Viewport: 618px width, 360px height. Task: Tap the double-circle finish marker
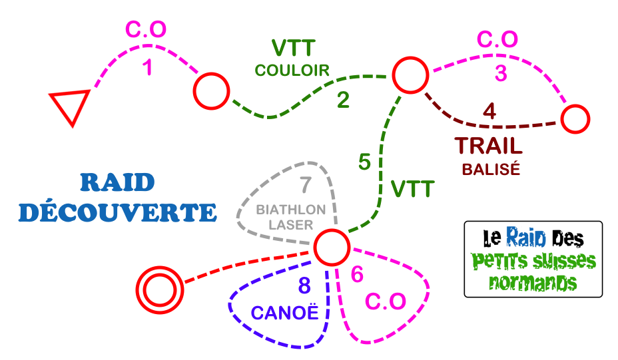point(159,289)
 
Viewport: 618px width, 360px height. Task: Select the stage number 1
point(148,68)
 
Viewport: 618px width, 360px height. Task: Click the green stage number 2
point(343,100)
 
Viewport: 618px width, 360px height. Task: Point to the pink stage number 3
point(501,72)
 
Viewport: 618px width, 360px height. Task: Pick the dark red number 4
point(489,110)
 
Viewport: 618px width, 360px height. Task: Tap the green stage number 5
point(364,162)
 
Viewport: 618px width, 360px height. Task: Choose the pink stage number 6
point(358,274)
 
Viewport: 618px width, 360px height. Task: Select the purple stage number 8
point(304,286)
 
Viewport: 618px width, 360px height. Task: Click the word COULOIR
point(292,71)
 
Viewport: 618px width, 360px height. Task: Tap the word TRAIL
point(489,146)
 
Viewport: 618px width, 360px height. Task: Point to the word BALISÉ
point(491,169)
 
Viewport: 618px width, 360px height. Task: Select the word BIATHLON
point(291,210)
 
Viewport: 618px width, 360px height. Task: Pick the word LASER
point(291,225)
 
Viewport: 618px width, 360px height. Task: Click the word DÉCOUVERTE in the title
point(118,212)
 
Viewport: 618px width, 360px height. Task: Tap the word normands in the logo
point(533,283)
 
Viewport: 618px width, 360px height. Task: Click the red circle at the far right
point(575,120)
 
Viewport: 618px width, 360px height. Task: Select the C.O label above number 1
point(146,30)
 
